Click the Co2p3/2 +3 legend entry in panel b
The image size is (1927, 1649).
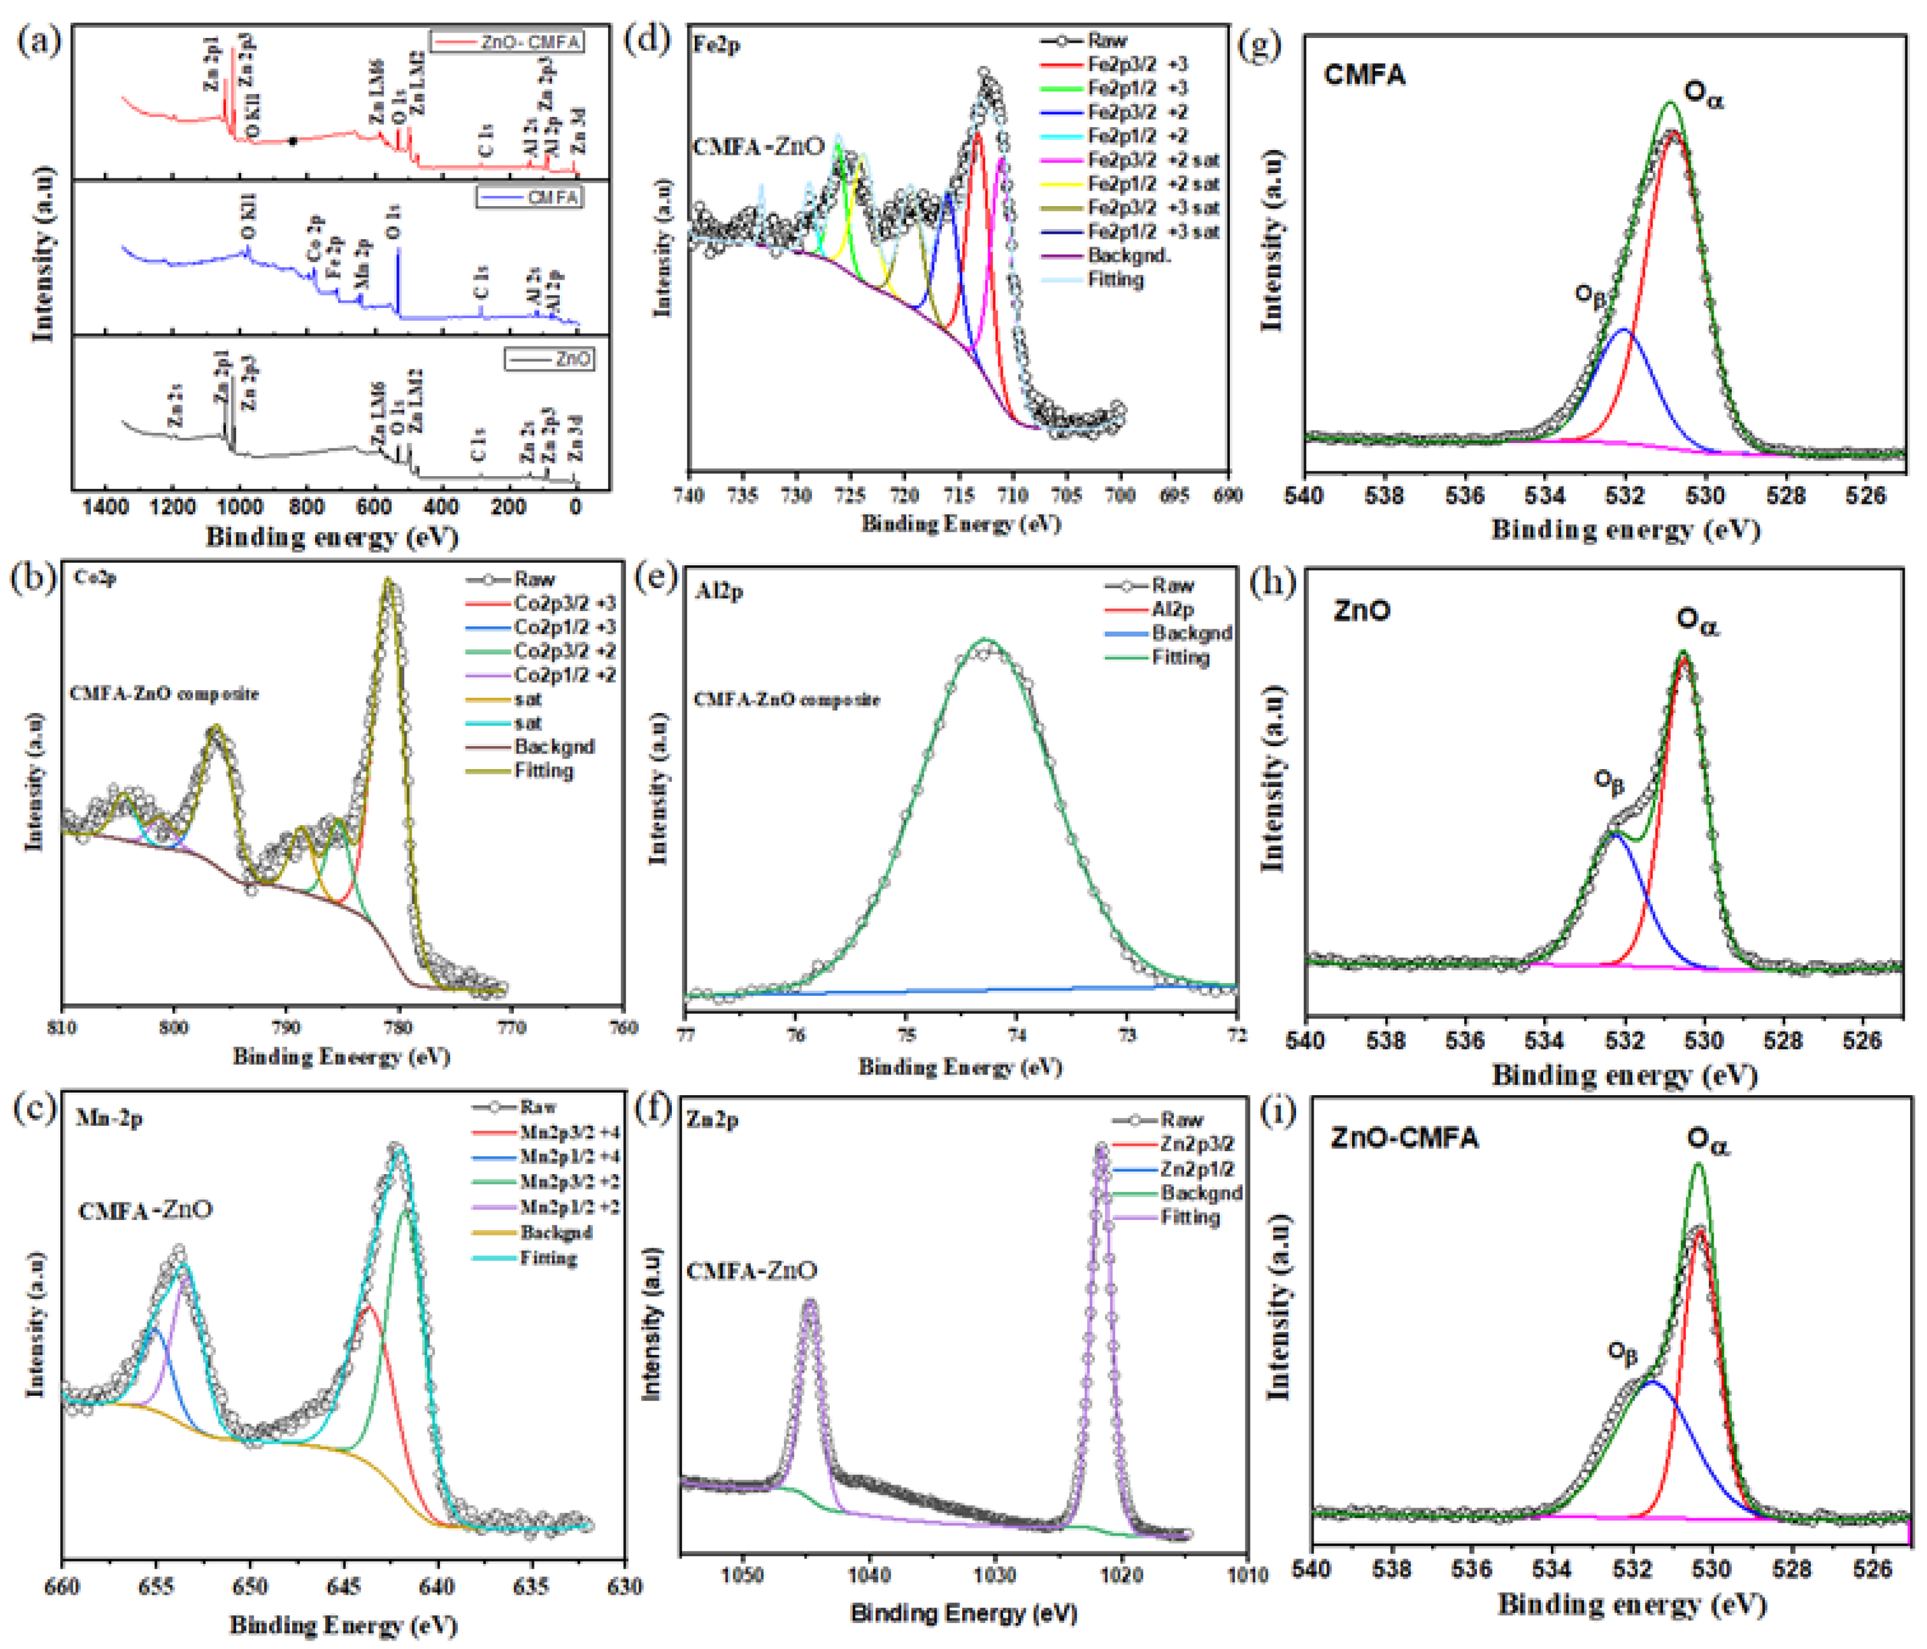(563, 604)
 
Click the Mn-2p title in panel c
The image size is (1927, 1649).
(109, 1118)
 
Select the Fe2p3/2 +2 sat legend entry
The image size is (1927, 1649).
(1153, 160)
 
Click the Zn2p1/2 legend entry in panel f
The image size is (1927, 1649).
(1196, 1169)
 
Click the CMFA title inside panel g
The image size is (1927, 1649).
(1364, 74)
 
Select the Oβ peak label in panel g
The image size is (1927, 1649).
(1590, 295)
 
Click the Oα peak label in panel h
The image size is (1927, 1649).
(1697, 620)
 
